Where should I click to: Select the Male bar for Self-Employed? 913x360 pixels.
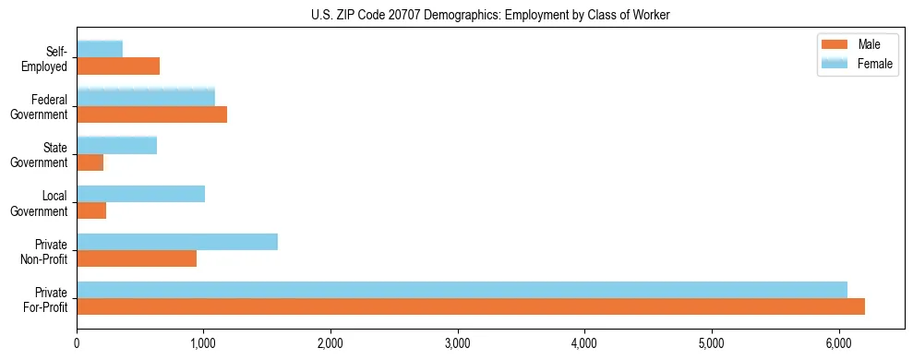(118, 66)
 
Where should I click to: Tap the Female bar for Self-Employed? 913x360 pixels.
(100, 49)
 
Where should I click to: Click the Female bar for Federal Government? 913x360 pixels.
(146, 97)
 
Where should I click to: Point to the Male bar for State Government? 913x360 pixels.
(90, 162)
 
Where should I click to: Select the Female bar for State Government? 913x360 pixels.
(116, 145)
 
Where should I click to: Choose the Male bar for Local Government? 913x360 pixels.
(91, 210)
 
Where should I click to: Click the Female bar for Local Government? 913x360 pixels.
(140, 194)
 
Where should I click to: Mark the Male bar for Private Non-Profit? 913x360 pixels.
(137, 258)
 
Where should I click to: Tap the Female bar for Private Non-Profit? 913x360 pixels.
(177, 242)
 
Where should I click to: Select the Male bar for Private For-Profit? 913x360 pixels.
(471, 306)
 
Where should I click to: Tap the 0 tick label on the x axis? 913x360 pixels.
(77, 343)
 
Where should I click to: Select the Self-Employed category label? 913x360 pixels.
(50, 58)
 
